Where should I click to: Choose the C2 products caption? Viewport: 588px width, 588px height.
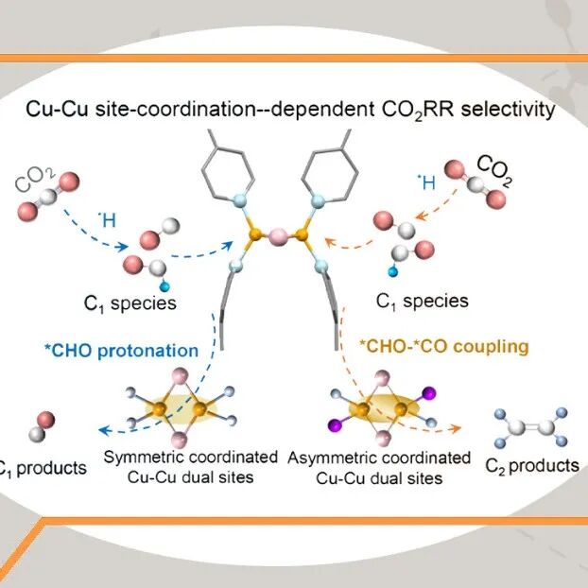(x=531, y=465)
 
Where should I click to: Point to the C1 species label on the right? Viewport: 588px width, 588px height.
(x=422, y=302)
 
